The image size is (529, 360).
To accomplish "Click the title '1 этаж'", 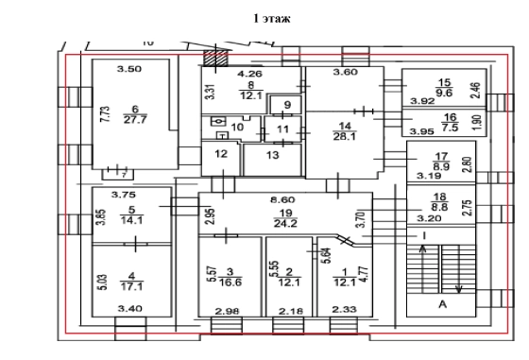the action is (x=272, y=18).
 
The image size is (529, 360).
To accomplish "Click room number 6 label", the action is (x=135, y=110).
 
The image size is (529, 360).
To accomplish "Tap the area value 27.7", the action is (x=135, y=119).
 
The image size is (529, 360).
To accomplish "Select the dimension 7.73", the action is (x=106, y=114).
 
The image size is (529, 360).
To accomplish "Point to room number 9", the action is (x=287, y=105).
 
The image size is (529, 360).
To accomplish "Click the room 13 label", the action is (x=273, y=155).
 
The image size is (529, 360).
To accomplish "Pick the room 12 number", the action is (x=221, y=154).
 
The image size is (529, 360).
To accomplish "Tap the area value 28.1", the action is (x=345, y=136).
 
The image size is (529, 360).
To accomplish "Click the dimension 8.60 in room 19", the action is (x=282, y=199).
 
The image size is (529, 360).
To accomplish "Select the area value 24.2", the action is (x=285, y=223).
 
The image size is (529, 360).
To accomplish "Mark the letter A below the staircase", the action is (x=443, y=304).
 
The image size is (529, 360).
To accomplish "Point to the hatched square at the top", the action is (x=216, y=58).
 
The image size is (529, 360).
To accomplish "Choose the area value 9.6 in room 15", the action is (x=444, y=93).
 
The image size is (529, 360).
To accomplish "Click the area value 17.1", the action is (x=131, y=287).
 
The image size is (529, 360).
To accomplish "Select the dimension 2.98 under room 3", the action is (x=227, y=311).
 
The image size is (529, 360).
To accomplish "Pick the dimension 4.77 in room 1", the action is (x=365, y=275).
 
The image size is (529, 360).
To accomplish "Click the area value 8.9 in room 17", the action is (x=441, y=166).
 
